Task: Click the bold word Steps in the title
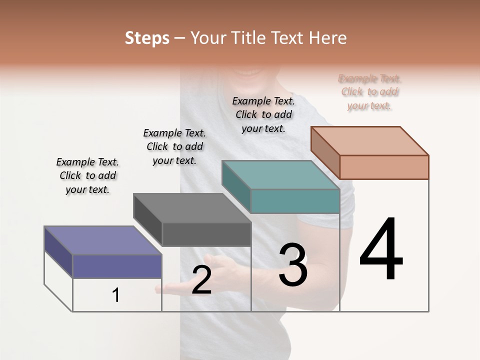146,38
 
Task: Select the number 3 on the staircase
292,265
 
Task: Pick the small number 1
116,295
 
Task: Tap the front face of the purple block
117,266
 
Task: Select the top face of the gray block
192,208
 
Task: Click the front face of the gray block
206,234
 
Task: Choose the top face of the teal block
280,175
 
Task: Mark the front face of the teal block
295,201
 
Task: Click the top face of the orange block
369,140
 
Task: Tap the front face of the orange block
384,167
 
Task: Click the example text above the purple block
87,175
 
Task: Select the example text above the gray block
174,146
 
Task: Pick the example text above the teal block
263,114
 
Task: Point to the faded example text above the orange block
370,92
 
